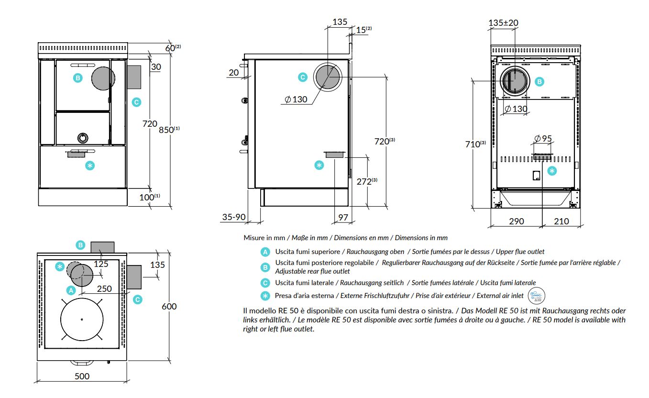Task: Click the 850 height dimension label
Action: tap(169, 129)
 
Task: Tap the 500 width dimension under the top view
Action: tap(82, 376)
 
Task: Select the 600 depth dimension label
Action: tap(169, 306)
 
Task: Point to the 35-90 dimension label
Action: tap(234, 217)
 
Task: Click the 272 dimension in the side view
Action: tap(367, 181)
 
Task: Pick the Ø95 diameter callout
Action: tap(543, 138)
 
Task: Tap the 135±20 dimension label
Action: tap(503, 22)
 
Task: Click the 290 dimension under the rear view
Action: tap(517, 221)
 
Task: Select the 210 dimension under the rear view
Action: tap(561, 221)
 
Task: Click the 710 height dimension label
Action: tap(475, 144)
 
